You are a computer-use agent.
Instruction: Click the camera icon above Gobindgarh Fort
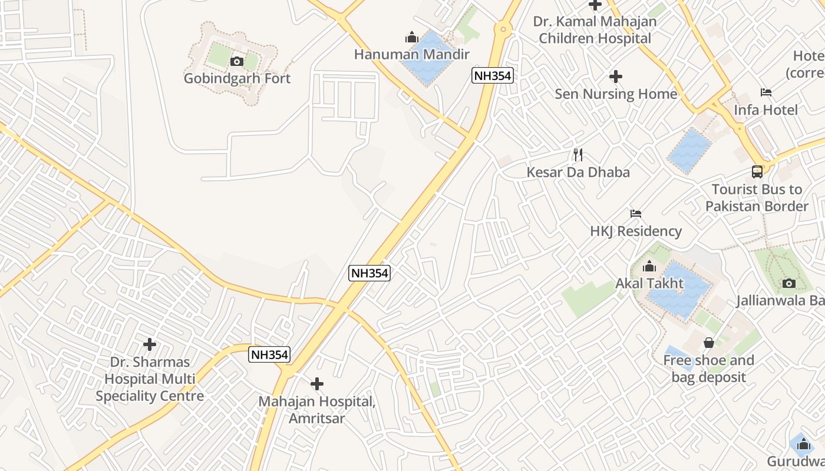237,61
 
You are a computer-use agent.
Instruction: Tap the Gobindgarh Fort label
237,78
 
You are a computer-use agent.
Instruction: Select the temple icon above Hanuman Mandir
411,38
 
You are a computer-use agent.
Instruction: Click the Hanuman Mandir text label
411,55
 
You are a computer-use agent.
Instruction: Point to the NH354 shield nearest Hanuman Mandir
493,75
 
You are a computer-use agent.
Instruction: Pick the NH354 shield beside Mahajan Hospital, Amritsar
269,354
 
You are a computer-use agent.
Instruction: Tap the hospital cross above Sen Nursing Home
616,77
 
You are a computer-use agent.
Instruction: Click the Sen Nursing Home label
616,94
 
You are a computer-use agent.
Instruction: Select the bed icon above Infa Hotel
766,92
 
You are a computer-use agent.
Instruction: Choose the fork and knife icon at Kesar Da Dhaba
578,155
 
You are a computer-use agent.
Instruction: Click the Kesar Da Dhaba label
578,172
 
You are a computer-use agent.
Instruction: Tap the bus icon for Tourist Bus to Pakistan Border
757,172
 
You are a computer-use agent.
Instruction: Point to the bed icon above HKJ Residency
636,214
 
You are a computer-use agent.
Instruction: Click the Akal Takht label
649,283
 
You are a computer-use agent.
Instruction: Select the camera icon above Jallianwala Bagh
789,284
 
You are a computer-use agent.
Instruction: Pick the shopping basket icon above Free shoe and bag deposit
709,343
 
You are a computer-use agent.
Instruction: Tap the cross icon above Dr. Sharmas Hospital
150,344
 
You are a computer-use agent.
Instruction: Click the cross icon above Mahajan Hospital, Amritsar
317,384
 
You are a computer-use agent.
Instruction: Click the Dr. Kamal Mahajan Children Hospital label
595,30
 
